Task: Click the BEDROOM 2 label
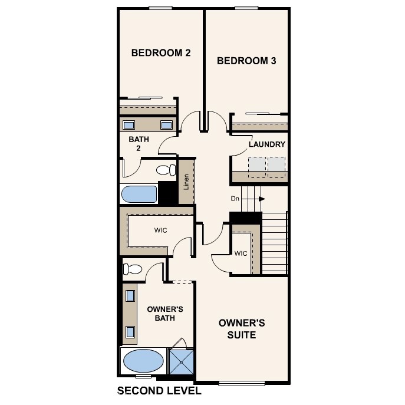coord(160,53)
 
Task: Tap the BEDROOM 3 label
coord(246,61)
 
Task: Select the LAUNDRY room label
coord(266,144)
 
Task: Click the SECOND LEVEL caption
coord(159,390)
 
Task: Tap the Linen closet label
coord(186,182)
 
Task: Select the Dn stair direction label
coord(235,199)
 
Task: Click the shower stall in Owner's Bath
coord(180,360)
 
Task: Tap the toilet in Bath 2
coord(166,170)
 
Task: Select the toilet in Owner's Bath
coord(133,270)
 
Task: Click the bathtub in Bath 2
coord(139,194)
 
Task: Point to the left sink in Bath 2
coord(129,125)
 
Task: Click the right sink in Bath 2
coord(166,125)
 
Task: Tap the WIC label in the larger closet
coord(161,230)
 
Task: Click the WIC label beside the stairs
coord(240,254)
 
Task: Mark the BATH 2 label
coord(139,144)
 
